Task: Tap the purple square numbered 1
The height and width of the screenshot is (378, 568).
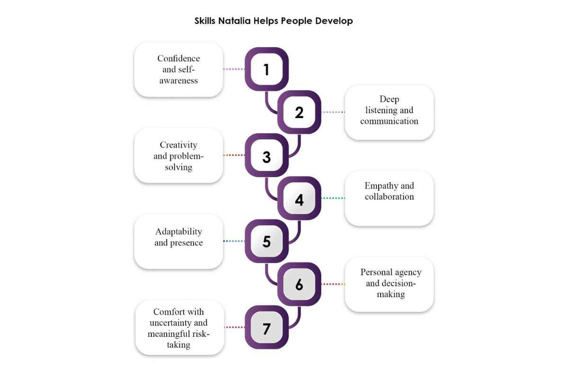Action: point(266,69)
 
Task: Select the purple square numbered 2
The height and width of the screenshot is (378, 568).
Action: point(299,112)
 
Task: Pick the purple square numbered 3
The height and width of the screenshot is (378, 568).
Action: point(266,155)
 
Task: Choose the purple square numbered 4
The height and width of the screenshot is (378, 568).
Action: point(299,198)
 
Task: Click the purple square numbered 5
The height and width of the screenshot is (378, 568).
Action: point(266,241)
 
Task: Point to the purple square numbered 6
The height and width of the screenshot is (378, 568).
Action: point(299,284)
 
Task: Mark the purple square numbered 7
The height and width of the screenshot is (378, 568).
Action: point(266,327)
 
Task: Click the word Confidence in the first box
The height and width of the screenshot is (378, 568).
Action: point(178,59)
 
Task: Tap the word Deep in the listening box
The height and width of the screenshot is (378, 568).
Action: point(389,99)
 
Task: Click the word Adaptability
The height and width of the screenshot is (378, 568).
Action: point(178,232)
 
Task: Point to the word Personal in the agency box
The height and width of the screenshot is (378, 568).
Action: point(376,272)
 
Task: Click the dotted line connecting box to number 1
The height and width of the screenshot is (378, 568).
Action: point(234,69)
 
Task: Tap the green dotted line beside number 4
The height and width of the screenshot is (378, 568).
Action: point(333,198)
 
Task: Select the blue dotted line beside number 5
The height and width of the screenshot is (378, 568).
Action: point(234,241)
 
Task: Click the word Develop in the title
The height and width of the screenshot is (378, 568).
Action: point(334,21)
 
